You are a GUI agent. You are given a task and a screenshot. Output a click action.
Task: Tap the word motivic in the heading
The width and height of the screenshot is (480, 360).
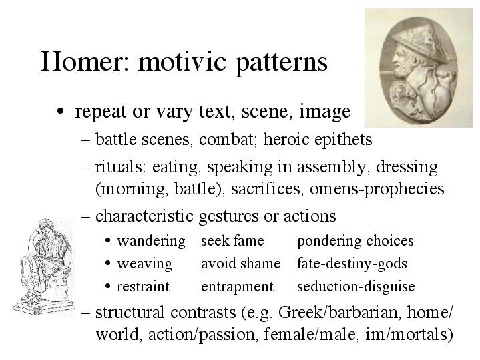pyautogui.click(x=182, y=61)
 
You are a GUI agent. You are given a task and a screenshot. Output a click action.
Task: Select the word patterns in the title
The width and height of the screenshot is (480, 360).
pyautogui.click(x=282, y=63)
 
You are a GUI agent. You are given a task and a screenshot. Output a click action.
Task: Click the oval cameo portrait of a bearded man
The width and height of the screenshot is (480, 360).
pyautogui.click(x=418, y=67)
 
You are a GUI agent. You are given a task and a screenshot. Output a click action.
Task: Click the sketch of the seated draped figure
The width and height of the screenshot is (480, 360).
pyautogui.click(x=44, y=266)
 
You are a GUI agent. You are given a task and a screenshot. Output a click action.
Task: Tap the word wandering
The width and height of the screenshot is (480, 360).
pyautogui.click(x=152, y=242)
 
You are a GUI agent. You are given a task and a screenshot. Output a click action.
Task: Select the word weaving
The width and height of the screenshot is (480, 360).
pyautogui.click(x=144, y=264)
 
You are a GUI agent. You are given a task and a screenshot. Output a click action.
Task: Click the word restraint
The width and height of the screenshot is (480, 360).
pyautogui.click(x=143, y=286)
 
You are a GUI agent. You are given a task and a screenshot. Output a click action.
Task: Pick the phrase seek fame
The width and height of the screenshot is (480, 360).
pyautogui.click(x=232, y=241)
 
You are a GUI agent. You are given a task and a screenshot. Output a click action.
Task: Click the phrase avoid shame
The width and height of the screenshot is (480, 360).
pyautogui.click(x=240, y=264)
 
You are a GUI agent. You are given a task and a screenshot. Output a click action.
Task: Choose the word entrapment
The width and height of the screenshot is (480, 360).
pyautogui.click(x=237, y=287)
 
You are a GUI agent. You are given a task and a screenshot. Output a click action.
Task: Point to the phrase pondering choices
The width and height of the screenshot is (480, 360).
pyautogui.click(x=355, y=242)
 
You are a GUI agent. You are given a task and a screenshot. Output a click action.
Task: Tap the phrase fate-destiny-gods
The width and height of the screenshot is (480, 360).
pyautogui.click(x=352, y=264)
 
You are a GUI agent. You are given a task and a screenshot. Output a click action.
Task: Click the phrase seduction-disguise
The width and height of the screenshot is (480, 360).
pyautogui.click(x=356, y=287)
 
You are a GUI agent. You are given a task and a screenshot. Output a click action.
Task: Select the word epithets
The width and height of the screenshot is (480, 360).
pyautogui.click(x=343, y=140)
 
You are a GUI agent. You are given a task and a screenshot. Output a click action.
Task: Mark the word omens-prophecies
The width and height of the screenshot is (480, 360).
pyautogui.click(x=377, y=189)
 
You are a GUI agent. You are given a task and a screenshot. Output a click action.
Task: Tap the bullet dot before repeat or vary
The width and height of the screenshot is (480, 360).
pyautogui.click(x=61, y=112)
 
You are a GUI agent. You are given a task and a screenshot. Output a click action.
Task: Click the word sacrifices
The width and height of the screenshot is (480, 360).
pyautogui.click(x=266, y=188)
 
